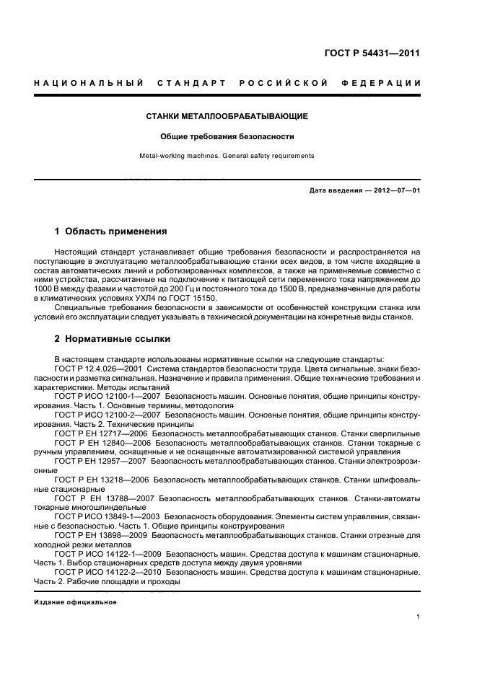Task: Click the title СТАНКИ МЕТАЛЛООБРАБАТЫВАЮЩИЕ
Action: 227,115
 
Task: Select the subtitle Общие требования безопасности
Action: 227,136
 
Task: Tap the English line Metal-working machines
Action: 227,155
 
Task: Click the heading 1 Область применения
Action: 111,232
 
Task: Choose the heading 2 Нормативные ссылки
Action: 113,339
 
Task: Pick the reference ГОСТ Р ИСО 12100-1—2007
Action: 108,397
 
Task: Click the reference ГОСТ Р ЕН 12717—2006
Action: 101,434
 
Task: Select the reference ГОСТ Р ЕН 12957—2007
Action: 101,462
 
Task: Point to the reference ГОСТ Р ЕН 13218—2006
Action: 101,481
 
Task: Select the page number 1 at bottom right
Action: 418,616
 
